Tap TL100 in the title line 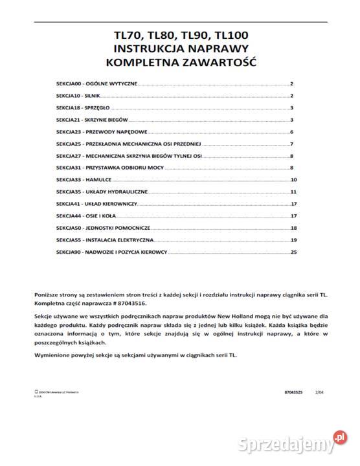(x=227, y=36)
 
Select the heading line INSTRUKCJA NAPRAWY (x=181, y=49)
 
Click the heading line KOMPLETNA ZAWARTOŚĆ (x=181, y=63)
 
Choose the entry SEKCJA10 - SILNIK (x=78, y=96)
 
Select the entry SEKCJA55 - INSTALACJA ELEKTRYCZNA (x=96, y=239)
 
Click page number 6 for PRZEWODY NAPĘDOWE (x=293, y=131)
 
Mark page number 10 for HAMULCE (x=293, y=179)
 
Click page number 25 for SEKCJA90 (x=293, y=251)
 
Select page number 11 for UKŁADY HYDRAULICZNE (x=293, y=192)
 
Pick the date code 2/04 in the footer (x=319, y=392)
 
